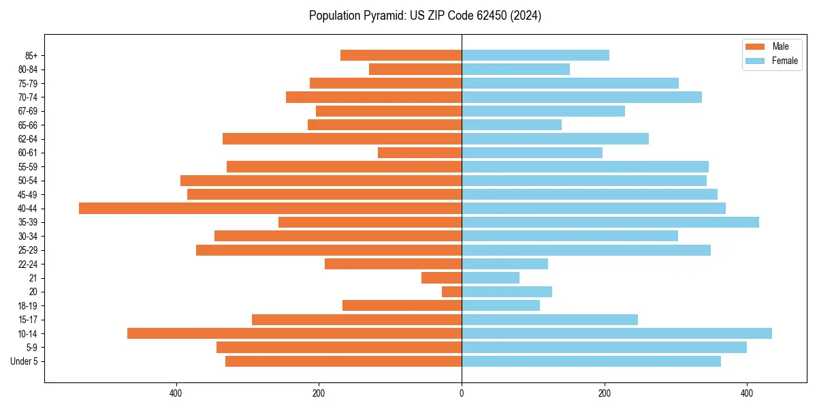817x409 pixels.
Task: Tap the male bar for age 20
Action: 452,292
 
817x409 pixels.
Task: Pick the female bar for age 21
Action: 490,278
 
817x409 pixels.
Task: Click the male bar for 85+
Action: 401,55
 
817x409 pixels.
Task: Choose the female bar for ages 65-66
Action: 511,125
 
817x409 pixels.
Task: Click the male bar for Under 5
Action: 343,361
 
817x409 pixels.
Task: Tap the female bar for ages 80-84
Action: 515,70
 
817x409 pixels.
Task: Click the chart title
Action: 425,16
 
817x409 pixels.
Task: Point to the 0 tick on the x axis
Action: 462,393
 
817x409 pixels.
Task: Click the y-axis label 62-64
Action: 28,139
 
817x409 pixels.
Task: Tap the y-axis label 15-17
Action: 28,320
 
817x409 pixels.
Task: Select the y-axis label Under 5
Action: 24,361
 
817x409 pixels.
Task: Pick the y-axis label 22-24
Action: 28,264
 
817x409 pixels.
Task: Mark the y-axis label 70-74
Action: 28,97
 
